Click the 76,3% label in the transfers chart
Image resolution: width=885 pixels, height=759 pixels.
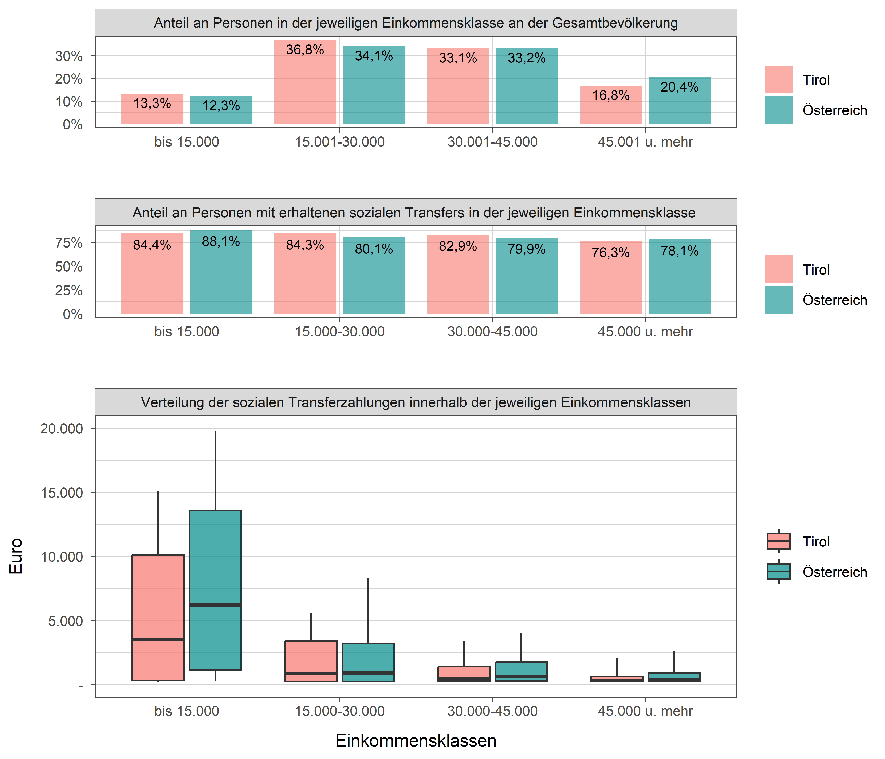point(611,253)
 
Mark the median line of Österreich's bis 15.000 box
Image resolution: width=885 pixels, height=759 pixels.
point(215,605)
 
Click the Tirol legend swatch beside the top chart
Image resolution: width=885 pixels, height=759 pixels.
point(778,79)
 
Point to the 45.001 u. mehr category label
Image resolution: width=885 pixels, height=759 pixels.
point(645,142)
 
